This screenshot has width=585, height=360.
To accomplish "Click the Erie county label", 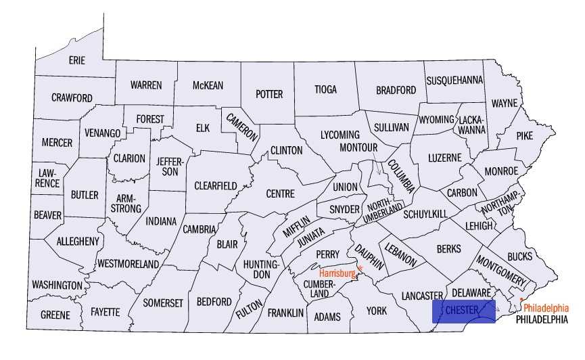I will click(x=77, y=61).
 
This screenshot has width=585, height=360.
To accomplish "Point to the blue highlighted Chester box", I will click(x=463, y=310).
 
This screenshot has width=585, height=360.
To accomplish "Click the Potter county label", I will click(x=268, y=95).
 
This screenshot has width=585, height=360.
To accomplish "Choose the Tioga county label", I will click(x=325, y=89).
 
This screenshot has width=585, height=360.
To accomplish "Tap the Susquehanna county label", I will click(x=454, y=80).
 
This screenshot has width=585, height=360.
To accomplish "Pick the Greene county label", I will click(x=55, y=315).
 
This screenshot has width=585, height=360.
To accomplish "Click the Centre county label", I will click(x=280, y=194).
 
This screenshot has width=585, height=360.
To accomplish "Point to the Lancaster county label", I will click(x=421, y=296).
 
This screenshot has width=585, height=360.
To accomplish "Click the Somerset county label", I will click(x=163, y=303).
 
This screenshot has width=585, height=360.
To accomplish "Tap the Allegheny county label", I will click(x=78, y=241).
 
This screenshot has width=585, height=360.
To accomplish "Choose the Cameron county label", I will click(x=242, y=125).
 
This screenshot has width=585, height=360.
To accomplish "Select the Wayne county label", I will click(x=504, y=104).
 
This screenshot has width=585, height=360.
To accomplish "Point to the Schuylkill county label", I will click(x=425, y=214).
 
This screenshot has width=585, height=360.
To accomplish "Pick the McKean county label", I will click(x=208, y=85).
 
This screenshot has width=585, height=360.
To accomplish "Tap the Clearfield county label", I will click(x=216, y=185).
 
